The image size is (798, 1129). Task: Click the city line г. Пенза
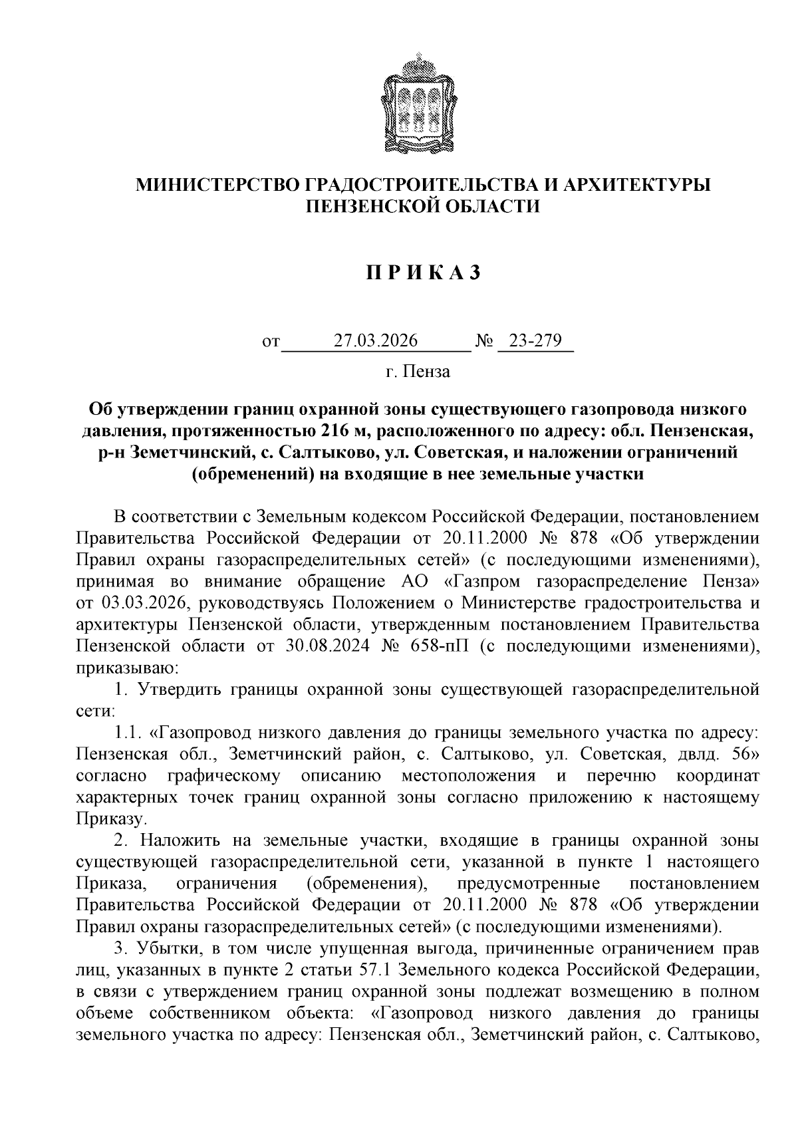(x=418, y=372)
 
